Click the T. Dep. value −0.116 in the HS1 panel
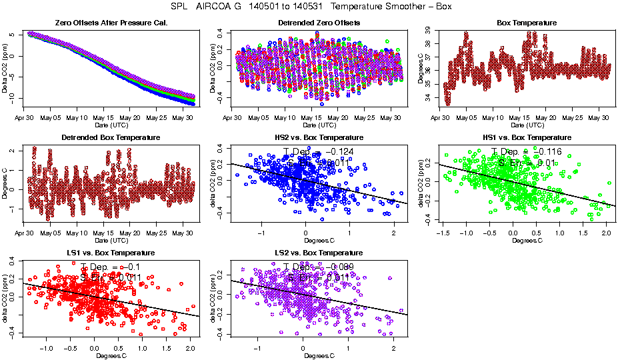coord(543,153)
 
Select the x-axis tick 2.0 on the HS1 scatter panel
coord(605,234)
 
